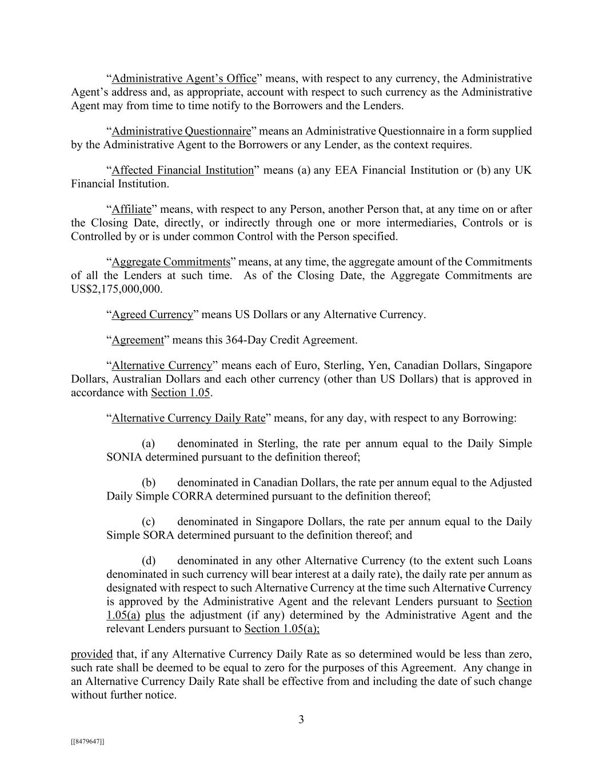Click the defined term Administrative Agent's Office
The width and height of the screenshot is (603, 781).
(x=184, y=78)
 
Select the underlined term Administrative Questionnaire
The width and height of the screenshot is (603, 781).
(x=181, y=131)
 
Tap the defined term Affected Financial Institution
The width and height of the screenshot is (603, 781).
(x=182, y=170)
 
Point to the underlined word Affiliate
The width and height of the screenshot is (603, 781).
(x=131, y=209)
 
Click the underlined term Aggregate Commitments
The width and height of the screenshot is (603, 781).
(x=171, y=262)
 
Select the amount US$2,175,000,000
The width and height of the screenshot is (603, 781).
(x=116, y=290)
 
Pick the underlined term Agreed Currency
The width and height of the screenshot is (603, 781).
(x=153, y=315)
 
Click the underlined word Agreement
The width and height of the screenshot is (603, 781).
(x=138, y=340)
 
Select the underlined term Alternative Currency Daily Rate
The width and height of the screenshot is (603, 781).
(x=189, y=418)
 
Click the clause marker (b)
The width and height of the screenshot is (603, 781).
(x=149, y=483)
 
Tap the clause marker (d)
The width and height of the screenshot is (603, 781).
(x=149, y=561)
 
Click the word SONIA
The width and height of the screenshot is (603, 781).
(x=124, y=458)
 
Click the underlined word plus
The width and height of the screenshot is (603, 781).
(x=155, y=616)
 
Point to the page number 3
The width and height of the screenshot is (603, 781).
(x=301, y=720)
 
